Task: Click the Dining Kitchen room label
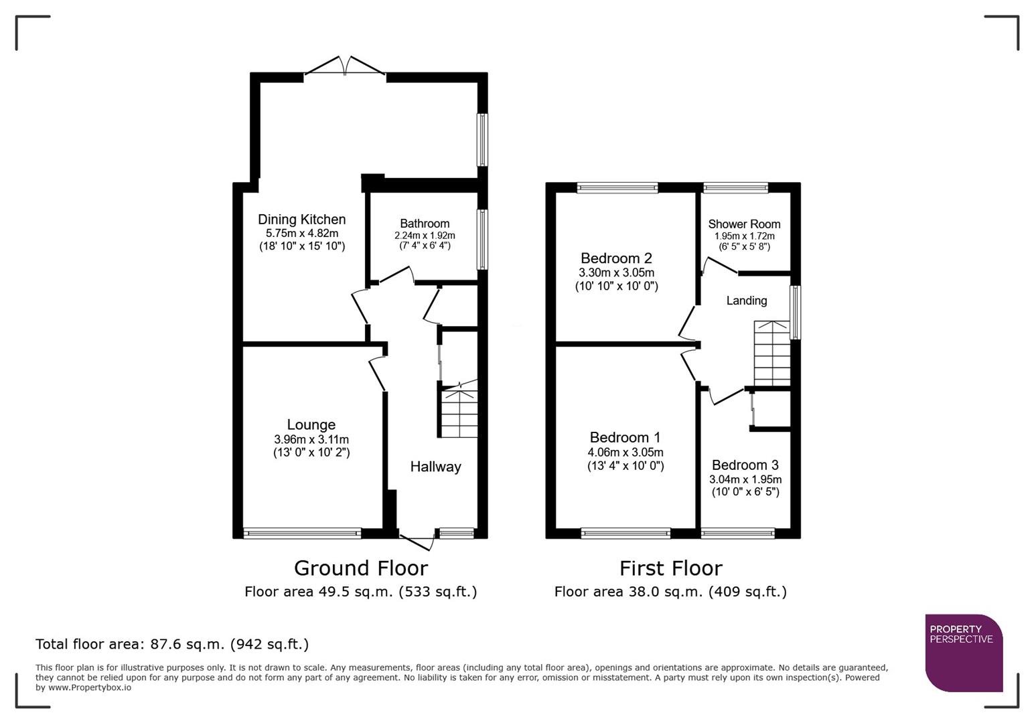coord(301,220)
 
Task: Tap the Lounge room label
coord(311,425)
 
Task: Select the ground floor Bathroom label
coord(425,224)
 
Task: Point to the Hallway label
coord(435,467)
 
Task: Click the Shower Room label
coord(744,224)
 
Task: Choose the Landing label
coord(746,301)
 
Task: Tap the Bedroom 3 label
coord(745,465)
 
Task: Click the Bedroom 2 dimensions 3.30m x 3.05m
coord(616,273)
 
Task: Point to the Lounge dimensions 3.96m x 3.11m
coord(311,440)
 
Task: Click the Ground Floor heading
coord(360,568)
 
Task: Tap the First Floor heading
coord(670,568)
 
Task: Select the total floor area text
coord(172,644)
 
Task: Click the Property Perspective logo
coord(964,653)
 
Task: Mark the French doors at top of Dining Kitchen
coord(345,68)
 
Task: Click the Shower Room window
coord(735,188)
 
